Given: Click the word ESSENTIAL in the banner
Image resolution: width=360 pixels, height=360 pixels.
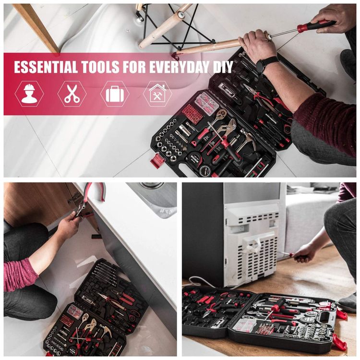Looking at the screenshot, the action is pyautogui.click(x=46, y=67).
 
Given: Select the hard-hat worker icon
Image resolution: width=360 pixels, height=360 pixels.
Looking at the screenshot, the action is pyautogui.click(x=29, y=94).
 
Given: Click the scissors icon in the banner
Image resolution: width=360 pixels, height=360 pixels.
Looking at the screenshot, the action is pyautogui.click(x=72, y=94).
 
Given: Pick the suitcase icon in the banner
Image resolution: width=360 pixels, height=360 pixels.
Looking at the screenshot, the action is pyautogui.click(x=115, y=94).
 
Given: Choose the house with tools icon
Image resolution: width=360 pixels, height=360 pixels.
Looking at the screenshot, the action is pyautogui.click(x=157, y=93).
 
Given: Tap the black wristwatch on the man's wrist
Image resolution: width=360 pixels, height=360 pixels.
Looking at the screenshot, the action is pyautogui.click(x=266, y=63).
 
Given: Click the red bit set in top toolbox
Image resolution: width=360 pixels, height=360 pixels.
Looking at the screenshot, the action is pyautogui.click(x=192, y=113).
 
